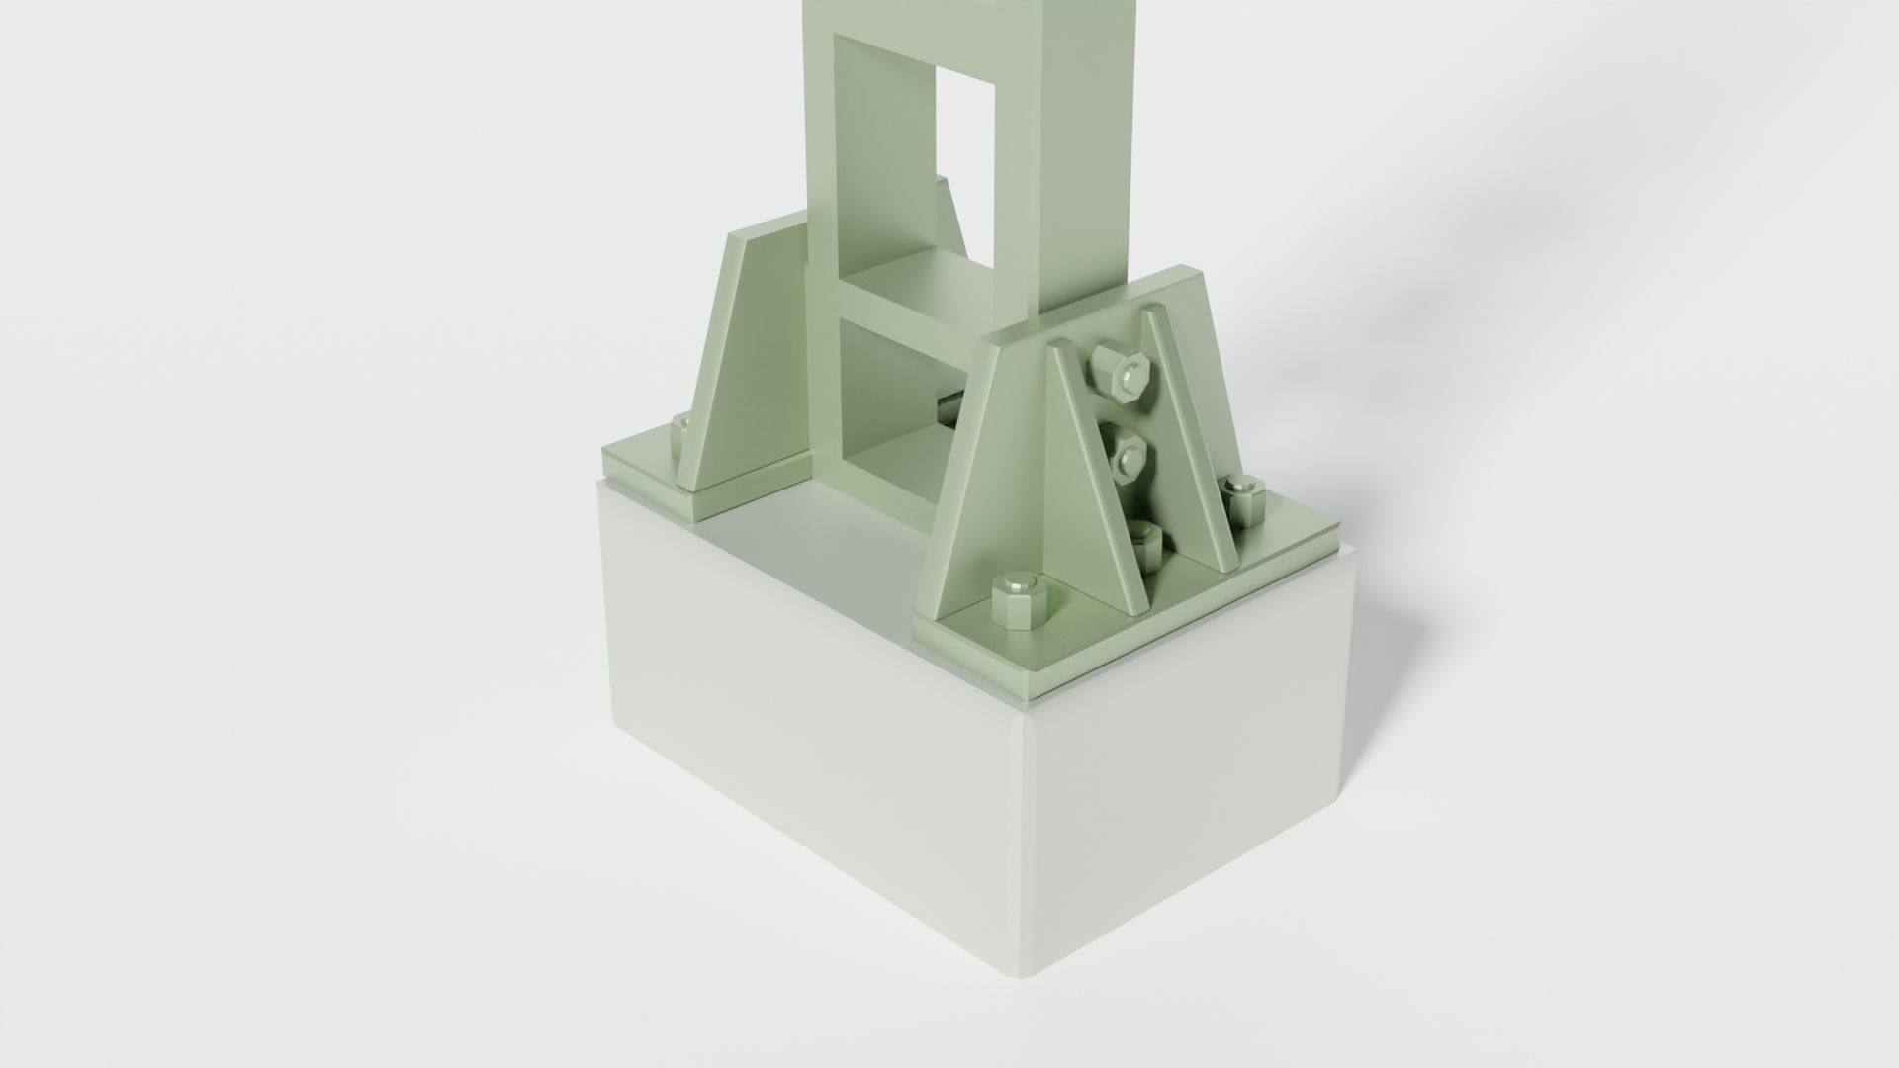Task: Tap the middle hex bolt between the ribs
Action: (1126, 455)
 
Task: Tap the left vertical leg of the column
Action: (822, 148)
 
